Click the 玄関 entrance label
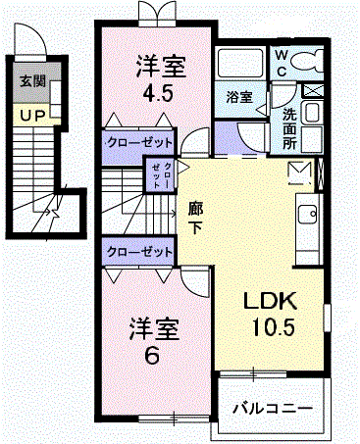pyautogui.click(x=32, y=80)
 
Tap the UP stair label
pyautogui.click(x=32, y=116)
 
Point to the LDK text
pyautogui.click(x=270, y=301)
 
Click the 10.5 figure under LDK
pyautogui.click(x=274, y=326)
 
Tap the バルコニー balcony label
pyautogui.click(x=273, y=409)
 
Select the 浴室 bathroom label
pyautogui.click(x=239, y=97)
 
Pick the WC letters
pyautogui.click(x=282, y=63)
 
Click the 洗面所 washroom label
pyautogui.click(x=289, y=129)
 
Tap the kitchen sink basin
pyautogui.click(x=307, y=215)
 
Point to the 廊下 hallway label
pyautogui.click(x=195, y=218)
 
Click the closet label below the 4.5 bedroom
pyautogui.click(x=139, y=143)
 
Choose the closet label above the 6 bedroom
pyautogui.click(x=139, y=252)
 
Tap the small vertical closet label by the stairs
pyautogui.click(x=162, y=174)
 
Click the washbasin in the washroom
pyautogui.click(x=311, y=112)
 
